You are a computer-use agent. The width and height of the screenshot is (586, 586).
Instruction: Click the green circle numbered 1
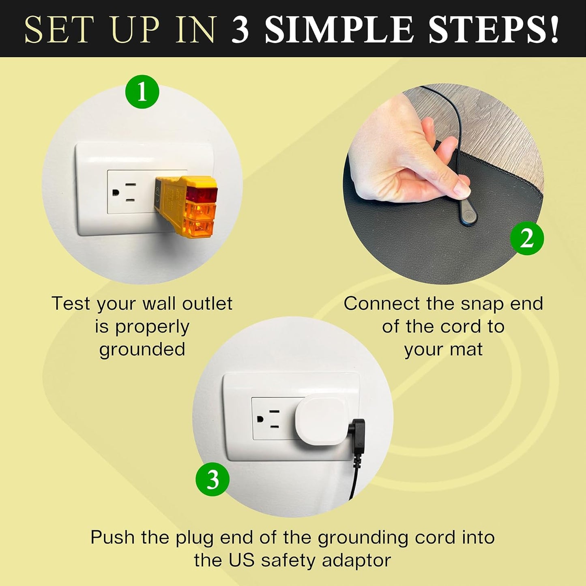pos(142,92)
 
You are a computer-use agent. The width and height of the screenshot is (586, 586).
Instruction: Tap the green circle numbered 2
pos(526,238)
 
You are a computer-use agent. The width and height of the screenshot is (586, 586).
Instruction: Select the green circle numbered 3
pos(213,479)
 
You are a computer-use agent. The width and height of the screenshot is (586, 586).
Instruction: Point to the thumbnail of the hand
pos(461,189)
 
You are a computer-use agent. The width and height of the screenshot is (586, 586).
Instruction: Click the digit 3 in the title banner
pos(240,30)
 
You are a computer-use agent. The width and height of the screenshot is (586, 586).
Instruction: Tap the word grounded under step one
pos(142,350)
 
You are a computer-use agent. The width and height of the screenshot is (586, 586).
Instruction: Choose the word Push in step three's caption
pos(112,537)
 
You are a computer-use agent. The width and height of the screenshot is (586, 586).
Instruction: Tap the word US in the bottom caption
pos(242,560)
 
